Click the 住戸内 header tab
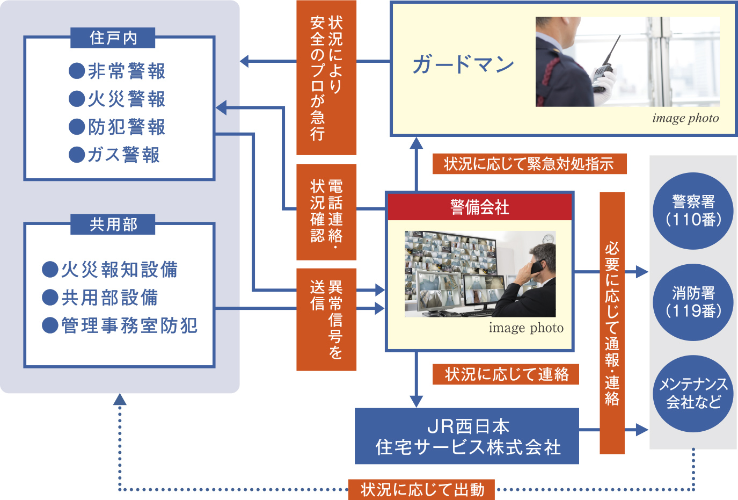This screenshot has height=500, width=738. [x=113, y=38]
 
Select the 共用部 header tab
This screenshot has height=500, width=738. [x=113, y=224]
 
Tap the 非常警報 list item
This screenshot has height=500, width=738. [x=118, y=71]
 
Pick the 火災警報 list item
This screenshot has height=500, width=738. [x=118, y=99]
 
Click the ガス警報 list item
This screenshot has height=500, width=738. [x=115, y=155]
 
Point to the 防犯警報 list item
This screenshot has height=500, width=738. [x=118, y=127]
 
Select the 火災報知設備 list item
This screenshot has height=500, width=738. [x=110, y=269]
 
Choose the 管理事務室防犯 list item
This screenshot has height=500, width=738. [x=120, y=325]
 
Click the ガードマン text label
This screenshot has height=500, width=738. [x=463, y=64]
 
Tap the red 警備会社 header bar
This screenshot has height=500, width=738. [x=480, y=207]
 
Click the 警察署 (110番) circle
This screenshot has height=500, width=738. [x=693, y=211]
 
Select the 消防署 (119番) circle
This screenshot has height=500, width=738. [x=693, y=302]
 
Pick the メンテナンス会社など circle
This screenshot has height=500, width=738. [x=693, y=393]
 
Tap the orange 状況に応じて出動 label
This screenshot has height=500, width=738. [x=422, y=489]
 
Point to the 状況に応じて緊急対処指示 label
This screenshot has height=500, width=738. [x=529, y=164]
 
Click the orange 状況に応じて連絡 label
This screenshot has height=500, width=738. [x=506, y=374]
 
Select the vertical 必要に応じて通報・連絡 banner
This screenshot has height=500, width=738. [x=612, y=323]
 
